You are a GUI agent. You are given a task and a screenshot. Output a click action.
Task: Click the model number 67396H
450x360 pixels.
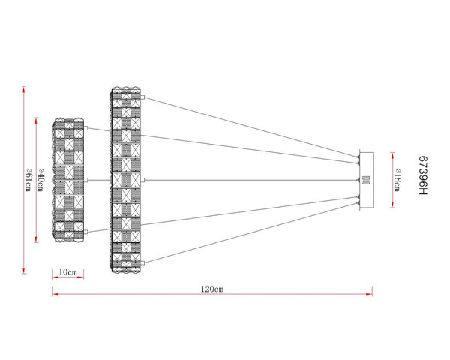[x=423, y=175]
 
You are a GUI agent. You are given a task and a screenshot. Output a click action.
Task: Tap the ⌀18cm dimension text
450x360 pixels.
[x=397, y=180]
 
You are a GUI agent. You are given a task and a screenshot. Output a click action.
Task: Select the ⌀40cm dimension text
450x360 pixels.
[x=40, y=180]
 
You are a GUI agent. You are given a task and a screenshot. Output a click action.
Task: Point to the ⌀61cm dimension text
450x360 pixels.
[x=28, y=180]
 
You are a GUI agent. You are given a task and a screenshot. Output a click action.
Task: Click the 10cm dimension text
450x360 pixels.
[x=68, y=272]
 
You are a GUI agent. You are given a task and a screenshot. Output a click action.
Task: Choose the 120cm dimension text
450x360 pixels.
[x=212, y=289]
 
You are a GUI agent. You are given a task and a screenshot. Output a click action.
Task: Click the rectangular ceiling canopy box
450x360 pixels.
[x=367, y=180]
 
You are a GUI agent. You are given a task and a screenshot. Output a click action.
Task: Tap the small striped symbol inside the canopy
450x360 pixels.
[x=367, y=180]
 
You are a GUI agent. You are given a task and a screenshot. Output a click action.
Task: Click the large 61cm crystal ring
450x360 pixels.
[x=125, y=180]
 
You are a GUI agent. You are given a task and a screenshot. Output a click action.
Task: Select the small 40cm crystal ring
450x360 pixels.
[x=68, y=180]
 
